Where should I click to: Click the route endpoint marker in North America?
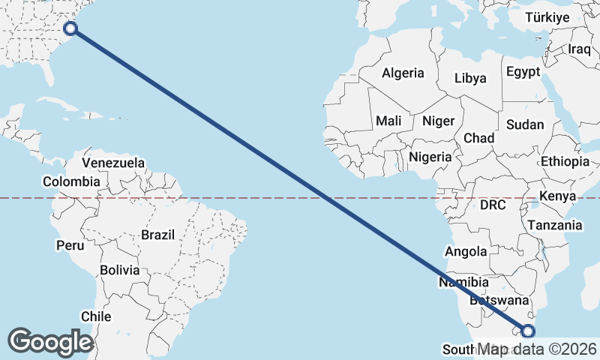click(x=70, y=28)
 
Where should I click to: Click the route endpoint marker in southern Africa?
click(x=528, y=331)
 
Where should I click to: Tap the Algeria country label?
click(x=403, y=73)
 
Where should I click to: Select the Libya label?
click(x=470, y=78)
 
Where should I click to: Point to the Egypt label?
click(x=523, y=72)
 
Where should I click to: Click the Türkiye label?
click(x=547, y=17)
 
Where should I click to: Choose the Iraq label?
click(x=580, y=49)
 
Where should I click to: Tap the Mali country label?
click(x=388, y=121)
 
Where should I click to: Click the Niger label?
click(x=438, y=121)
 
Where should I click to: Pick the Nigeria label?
click(x=430, y=157)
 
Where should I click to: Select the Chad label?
click(x=478, y=138)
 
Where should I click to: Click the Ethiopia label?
click(x=565, y=161)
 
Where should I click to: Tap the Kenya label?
click(x=557, y=196)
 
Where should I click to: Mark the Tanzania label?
click(x=555, y=225)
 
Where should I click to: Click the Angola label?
click(x=466, y=252)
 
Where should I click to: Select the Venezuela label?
click(x=113, y=163)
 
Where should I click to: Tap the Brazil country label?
click(x=157, y=235)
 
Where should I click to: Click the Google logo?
click(x=50, y=341)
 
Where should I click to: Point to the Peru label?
click(x=70, y=245)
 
